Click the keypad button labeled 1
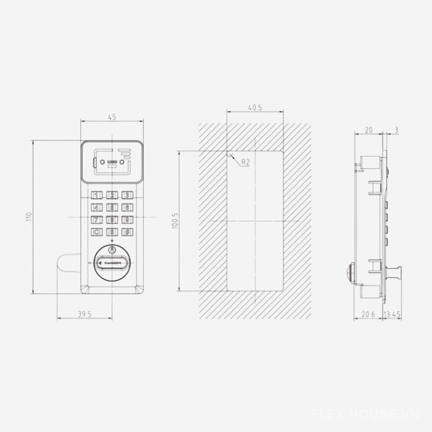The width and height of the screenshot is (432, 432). tap(97, 195)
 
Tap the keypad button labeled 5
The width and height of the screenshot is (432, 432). tap(112, 207)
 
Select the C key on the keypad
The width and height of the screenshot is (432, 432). tap(97, 232)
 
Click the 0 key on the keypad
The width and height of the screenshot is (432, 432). tap(112, 232)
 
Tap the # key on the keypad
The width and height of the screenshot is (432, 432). tap(127, 232)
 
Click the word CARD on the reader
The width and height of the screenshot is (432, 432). tap(112, 161)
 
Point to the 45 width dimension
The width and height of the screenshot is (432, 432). tap(112, 117)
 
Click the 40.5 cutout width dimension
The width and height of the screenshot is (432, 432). tap(255, 108)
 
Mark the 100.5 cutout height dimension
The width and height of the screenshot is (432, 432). tap(174, 221)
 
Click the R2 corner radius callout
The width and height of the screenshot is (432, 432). tap(245, 162)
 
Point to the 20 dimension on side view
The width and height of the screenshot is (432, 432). tap(369, 130)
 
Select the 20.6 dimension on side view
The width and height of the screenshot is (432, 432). tap(368, 313)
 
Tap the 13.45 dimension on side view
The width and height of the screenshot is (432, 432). tap(392, 313)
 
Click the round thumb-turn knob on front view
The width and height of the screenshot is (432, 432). tap(112, 262)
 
